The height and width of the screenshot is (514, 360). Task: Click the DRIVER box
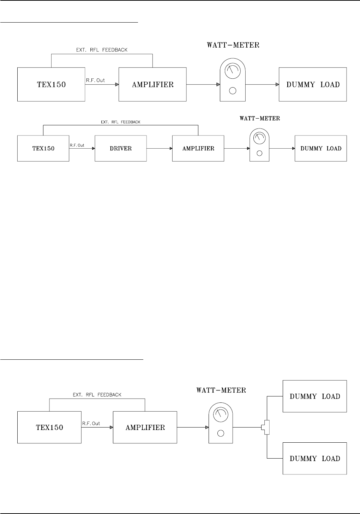[121, 148]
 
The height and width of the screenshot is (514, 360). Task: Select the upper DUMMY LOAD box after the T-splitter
[315, 396]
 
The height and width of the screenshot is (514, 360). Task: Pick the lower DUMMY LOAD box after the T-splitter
[315, 458]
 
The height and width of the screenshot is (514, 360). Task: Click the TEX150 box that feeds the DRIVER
[43, 148]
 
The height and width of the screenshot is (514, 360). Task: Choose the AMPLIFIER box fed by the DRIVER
[198, 148]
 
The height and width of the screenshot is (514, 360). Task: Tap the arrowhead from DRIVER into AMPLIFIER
[170, 148]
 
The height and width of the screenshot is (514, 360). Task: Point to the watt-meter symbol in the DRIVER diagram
[259, 145]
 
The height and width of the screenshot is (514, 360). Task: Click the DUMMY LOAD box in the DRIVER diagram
[321, 148]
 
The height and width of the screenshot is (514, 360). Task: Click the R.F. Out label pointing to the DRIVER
[77, 145]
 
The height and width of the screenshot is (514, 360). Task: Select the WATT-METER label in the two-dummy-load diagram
[221, 390]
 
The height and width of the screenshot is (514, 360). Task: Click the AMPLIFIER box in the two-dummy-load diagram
[145, 427]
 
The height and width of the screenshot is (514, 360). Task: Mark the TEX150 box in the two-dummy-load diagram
[50, 427]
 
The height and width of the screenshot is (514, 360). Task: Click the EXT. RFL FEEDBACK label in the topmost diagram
[102, 50]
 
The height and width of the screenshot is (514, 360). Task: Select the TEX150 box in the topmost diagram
[51, 85]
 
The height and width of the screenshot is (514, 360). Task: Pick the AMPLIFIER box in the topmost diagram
[152, 85]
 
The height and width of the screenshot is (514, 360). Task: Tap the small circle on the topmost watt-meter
[232, 91]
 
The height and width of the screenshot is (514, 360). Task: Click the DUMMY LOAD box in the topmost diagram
[313, 85]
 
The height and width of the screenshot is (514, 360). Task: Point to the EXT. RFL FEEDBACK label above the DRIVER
[120, 122]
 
